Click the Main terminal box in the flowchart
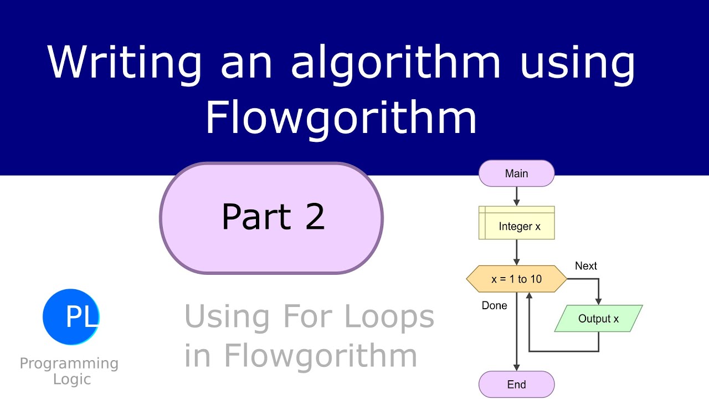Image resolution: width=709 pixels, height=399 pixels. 516,173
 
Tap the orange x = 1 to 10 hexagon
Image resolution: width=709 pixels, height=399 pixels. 516,279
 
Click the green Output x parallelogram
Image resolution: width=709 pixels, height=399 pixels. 598,319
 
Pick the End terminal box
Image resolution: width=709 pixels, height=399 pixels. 516,384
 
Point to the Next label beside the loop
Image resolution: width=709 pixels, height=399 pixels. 586,266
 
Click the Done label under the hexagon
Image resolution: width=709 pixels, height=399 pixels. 494,305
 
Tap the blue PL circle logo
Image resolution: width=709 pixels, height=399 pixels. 71,316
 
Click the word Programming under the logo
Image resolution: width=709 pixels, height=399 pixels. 69,364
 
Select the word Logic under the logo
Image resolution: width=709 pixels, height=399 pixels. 72,379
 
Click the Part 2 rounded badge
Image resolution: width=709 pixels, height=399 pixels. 271,217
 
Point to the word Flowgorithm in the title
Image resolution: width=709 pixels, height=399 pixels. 341,117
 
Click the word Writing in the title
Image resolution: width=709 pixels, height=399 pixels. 125,62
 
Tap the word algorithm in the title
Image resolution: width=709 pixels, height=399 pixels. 396,62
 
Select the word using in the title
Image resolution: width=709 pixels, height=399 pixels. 577,62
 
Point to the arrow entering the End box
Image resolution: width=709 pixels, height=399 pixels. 516,363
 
